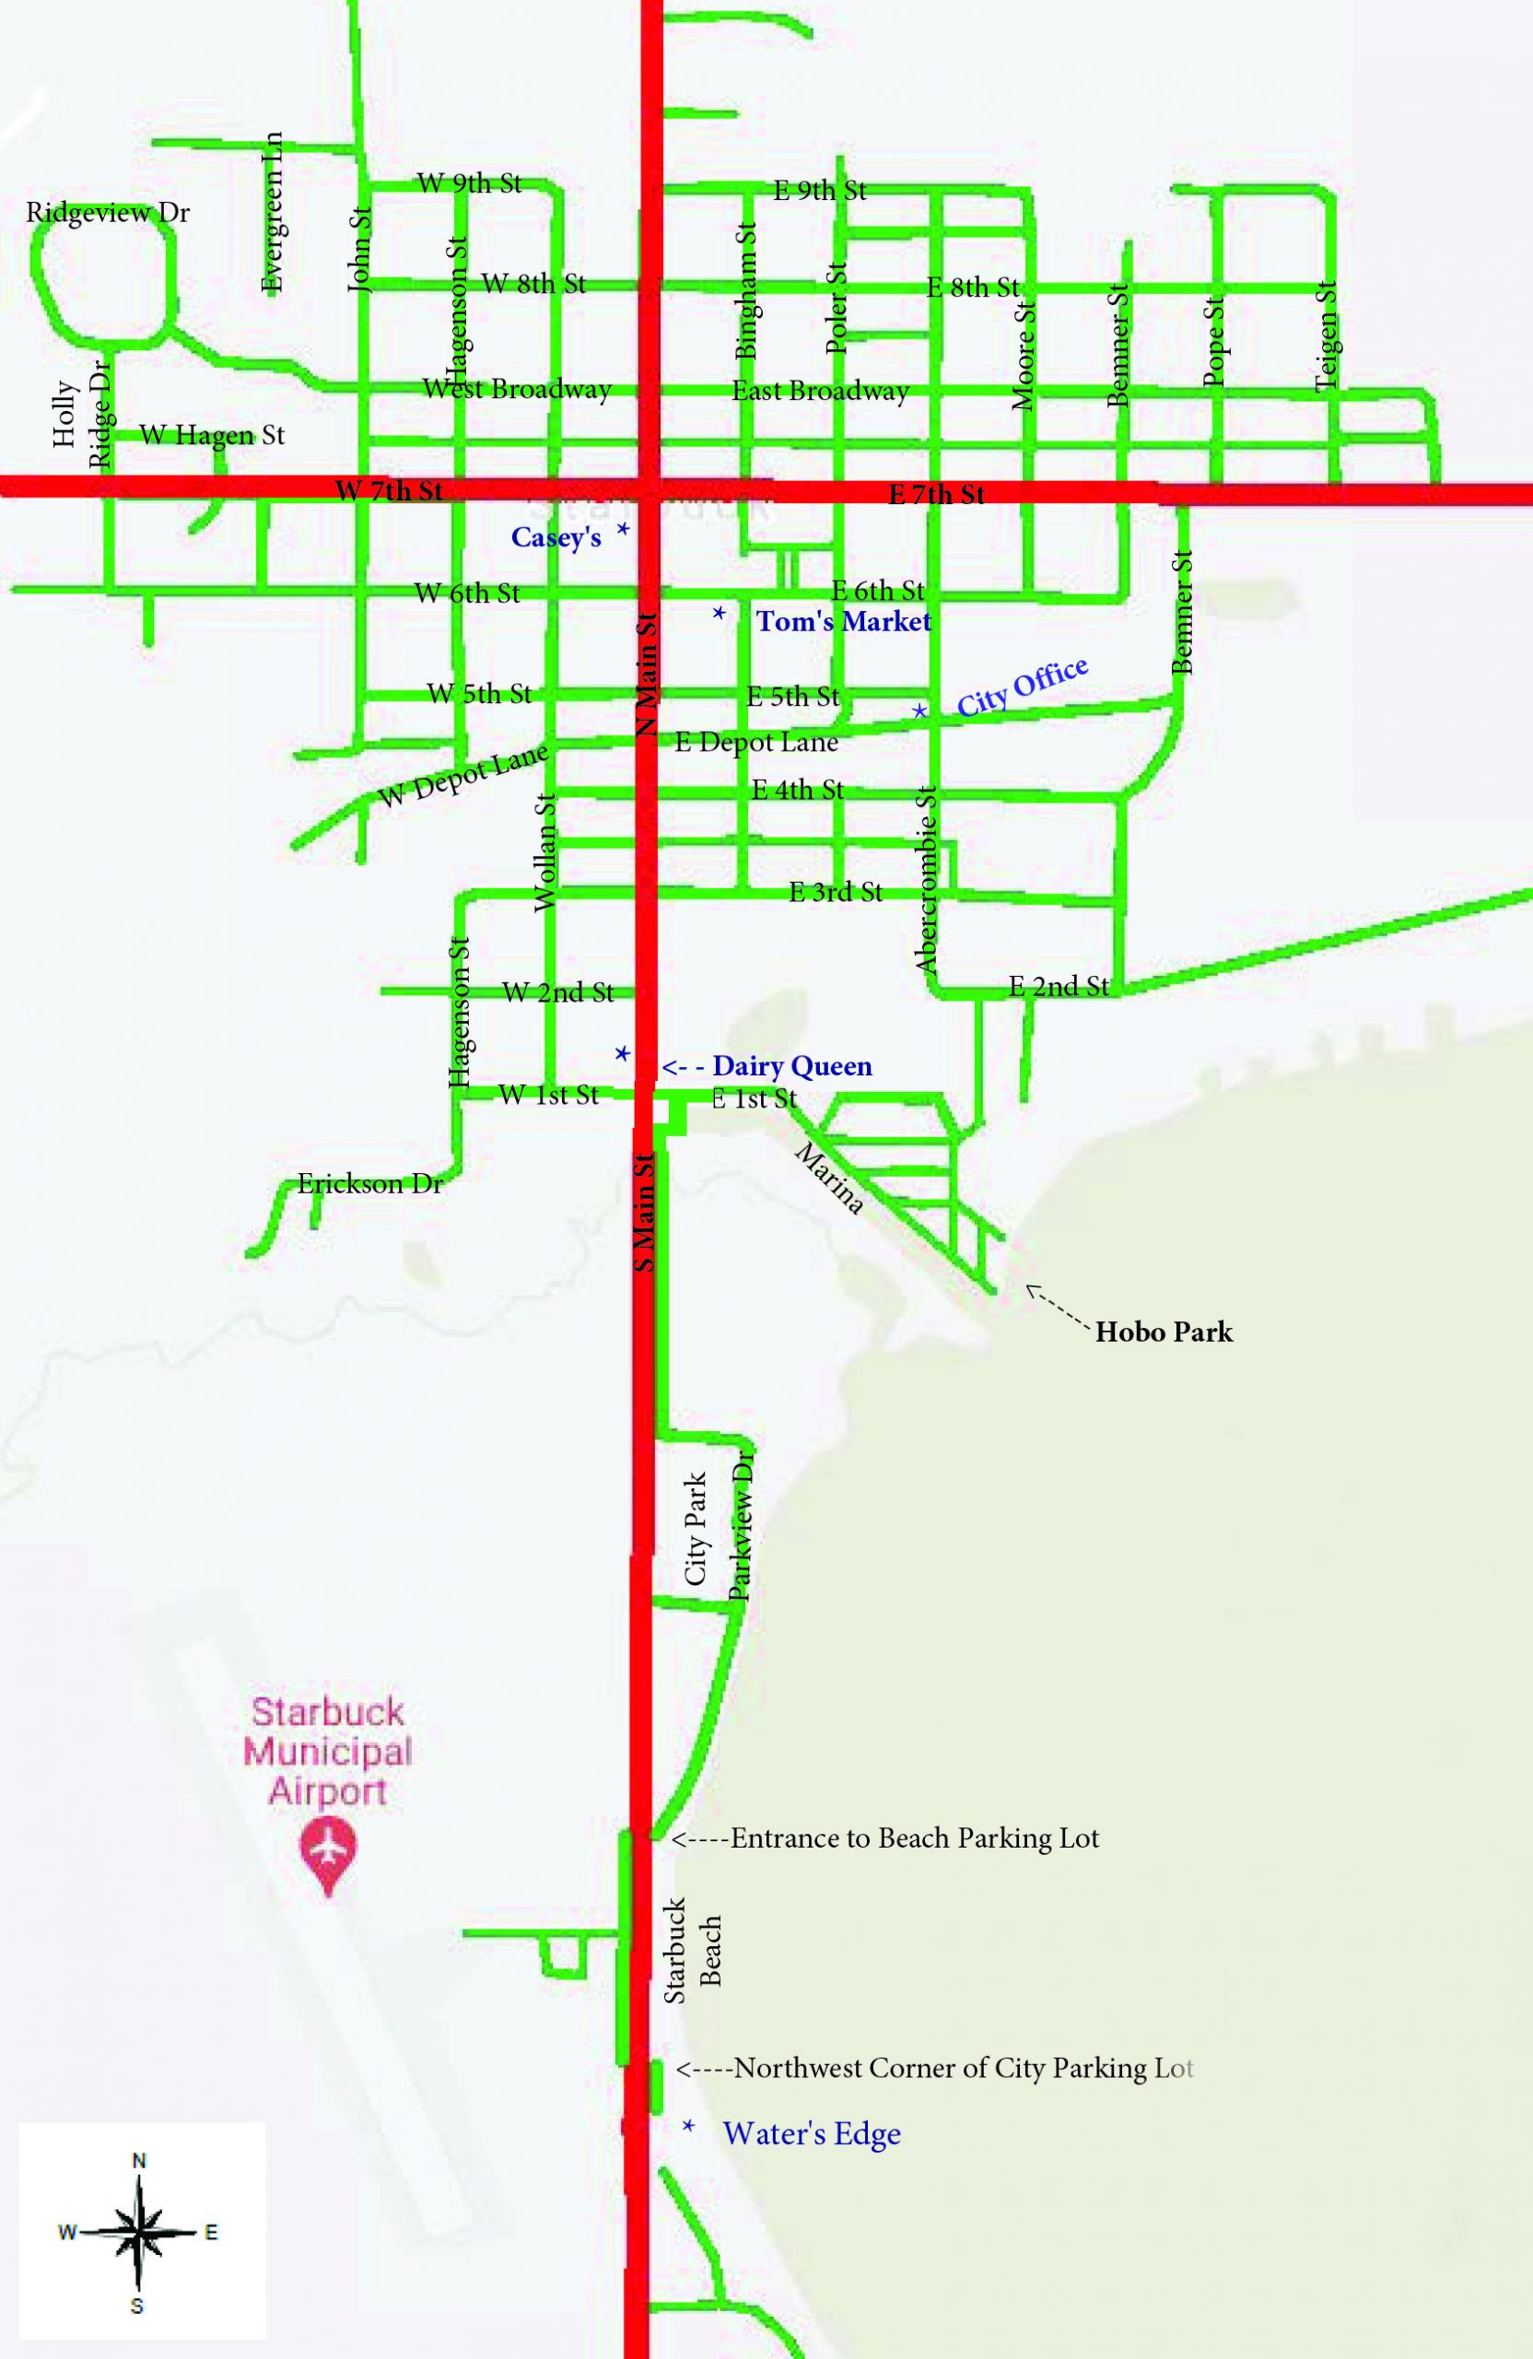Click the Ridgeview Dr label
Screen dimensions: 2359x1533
pyautogui.click(x=107, y=213)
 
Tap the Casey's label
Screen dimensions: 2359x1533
pyautogui.click(x=556, y=537)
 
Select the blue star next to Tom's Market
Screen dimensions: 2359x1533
pyautogui.click(x=720, y=615)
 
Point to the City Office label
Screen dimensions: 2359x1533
pyautogui.click(x=1022, y=686)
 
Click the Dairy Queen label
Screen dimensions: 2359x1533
pyautogui.click(x=791, y=1066)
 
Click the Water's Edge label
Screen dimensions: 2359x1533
pyautogui.click(x=812, y=2133)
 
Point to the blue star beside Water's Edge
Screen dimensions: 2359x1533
pyautogui.click(x=687, y=2126)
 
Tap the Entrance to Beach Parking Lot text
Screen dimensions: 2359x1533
pyautogui.click(x=914, y=1838)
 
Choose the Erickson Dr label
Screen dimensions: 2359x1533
pyautogui.click(x=369, y=1183)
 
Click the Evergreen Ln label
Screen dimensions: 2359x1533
pyautogui.click(x=273, y=212)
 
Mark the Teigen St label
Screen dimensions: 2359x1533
pyautogui.click(x=1326, y=337)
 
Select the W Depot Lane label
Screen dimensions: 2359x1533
pyautogui.click(x=463, y=776)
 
